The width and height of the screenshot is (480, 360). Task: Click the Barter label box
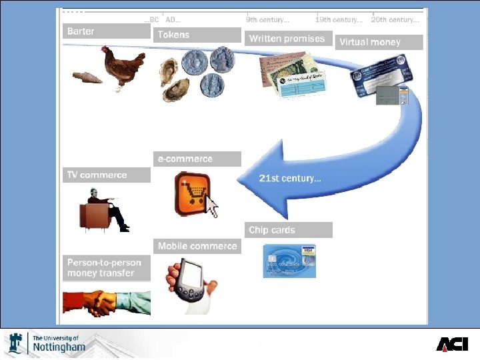pos(107,31)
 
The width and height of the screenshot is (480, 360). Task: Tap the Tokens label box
pos(197,35)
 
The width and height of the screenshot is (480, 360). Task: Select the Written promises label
pos(288,39)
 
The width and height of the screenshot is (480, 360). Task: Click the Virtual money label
pos(378,42)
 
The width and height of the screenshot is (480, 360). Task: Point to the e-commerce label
pos(197,159)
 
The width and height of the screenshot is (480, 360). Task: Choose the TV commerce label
pos(107,175)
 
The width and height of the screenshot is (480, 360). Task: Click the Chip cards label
pos(288,230)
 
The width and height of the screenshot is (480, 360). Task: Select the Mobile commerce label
pos(197,246)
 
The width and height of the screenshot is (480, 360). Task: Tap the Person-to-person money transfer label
pos(107,268)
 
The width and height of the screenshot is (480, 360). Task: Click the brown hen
pos(125,67)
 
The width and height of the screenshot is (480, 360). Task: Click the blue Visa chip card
pos(289,261)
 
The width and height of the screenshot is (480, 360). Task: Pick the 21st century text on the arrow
pos(290,179)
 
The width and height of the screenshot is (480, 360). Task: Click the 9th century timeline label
pos(267,20)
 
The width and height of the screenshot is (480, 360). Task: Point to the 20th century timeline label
pos(395,20)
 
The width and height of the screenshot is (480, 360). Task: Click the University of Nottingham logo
pos(47,343)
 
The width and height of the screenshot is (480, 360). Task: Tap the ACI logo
pos(452,343)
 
